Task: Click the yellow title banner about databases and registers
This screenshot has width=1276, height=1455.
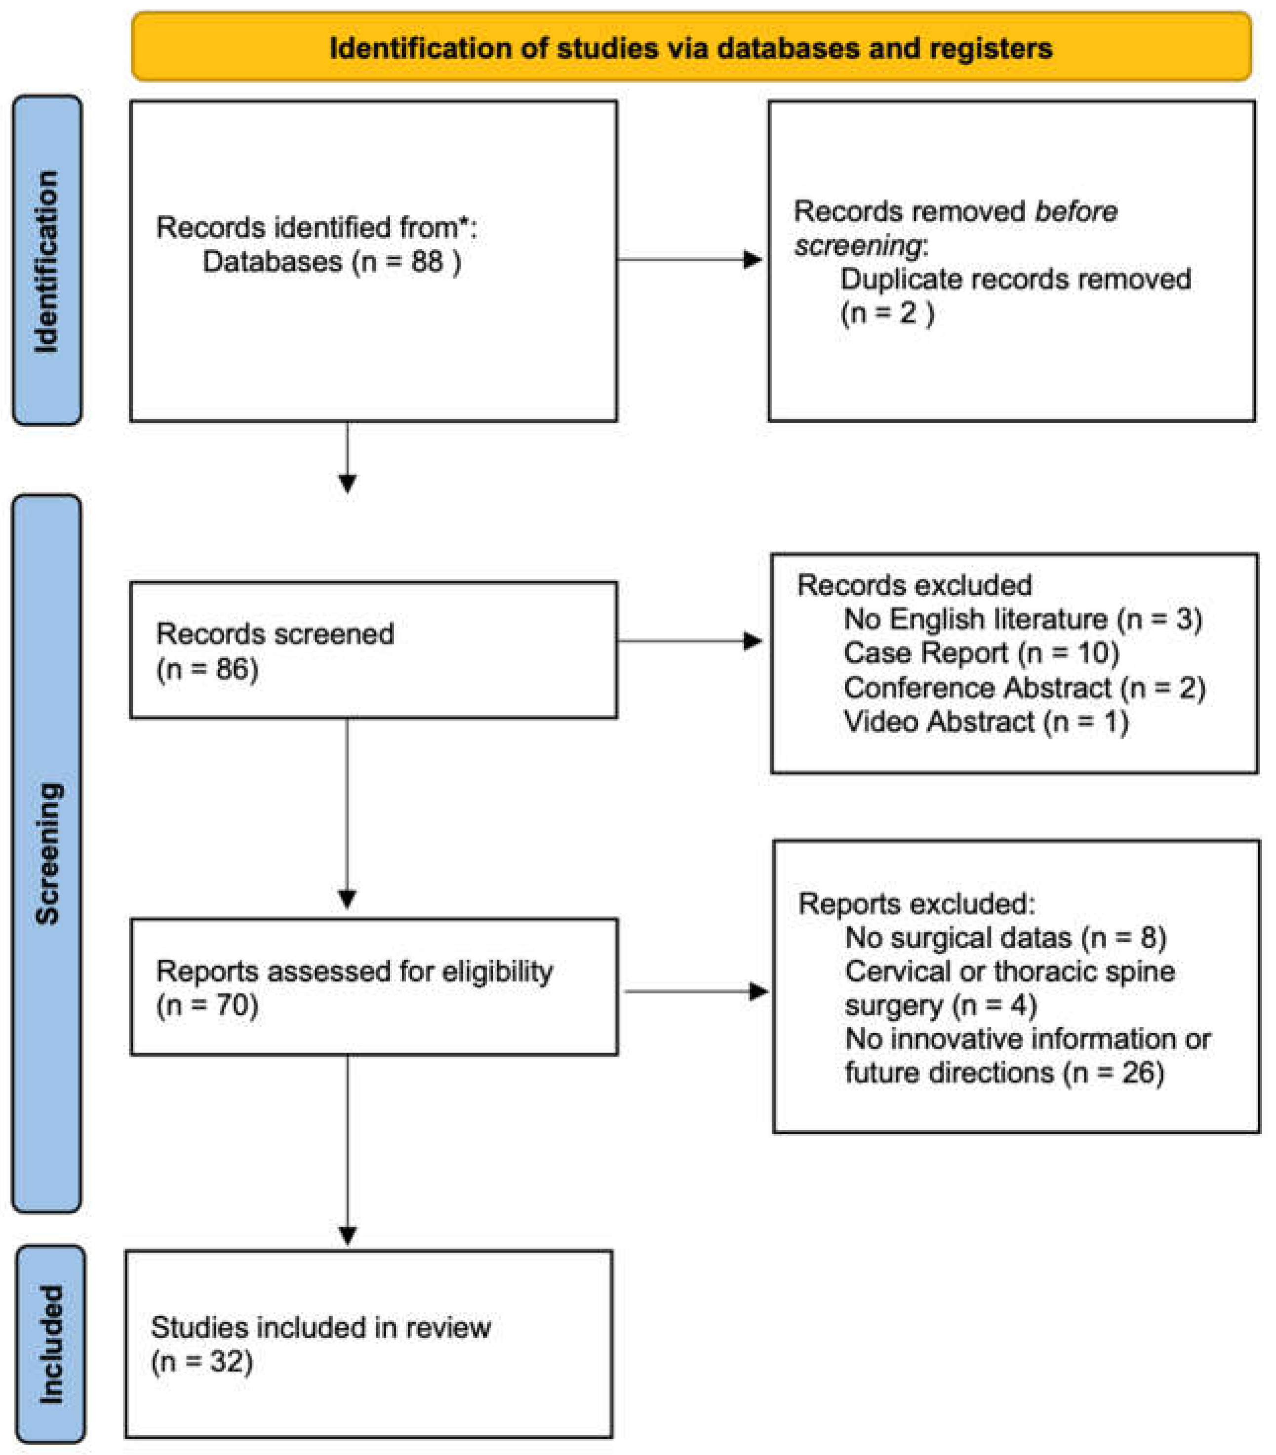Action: tap(690, 47)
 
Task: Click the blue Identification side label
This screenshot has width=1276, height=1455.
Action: tap(47, 261)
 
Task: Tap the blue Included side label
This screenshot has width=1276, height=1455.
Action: tap(50, 1344)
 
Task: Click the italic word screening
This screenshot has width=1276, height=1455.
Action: tap(858, 245)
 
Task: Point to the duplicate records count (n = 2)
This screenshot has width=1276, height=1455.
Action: tap(887, 313)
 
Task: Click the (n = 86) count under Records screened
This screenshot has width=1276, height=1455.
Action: tap(207, 669)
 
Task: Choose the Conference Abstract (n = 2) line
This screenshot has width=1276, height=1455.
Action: tap(1023, 687)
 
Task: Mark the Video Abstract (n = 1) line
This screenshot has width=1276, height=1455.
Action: tap(986, 722)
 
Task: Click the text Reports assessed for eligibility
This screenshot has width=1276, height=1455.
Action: tap(355, 971)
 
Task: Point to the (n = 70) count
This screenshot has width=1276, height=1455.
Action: tap(207, 1006)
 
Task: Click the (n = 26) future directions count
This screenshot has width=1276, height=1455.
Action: tap(1114, 1073)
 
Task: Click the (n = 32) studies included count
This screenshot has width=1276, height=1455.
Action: tap(202, 1362)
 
